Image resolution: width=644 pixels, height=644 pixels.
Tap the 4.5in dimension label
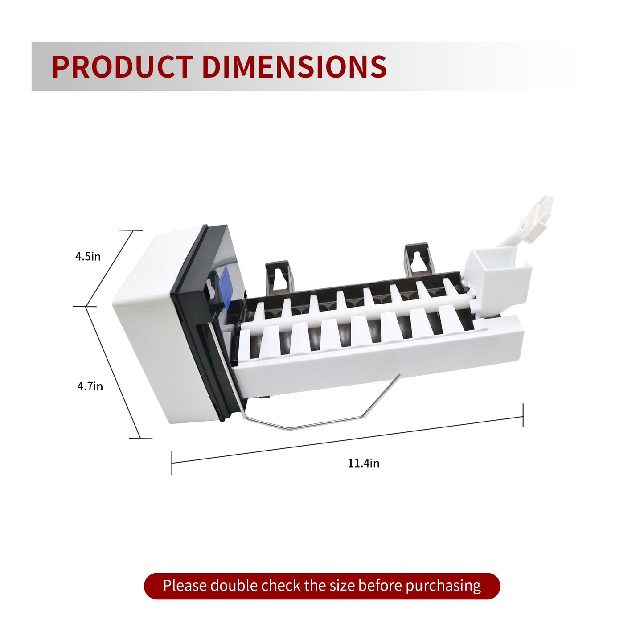click(88, 256)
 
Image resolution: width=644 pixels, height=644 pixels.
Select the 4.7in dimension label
click(90, 386)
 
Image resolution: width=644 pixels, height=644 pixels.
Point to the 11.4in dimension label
click(364, 463)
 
